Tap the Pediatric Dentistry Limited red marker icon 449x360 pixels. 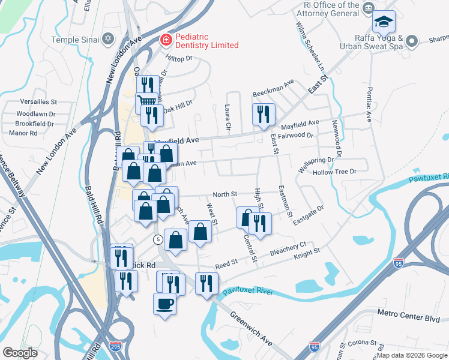click(164, 40)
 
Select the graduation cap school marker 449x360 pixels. click(384, 23)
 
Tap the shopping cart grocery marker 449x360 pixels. click(146, 103)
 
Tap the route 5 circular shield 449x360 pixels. click(157, 239)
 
